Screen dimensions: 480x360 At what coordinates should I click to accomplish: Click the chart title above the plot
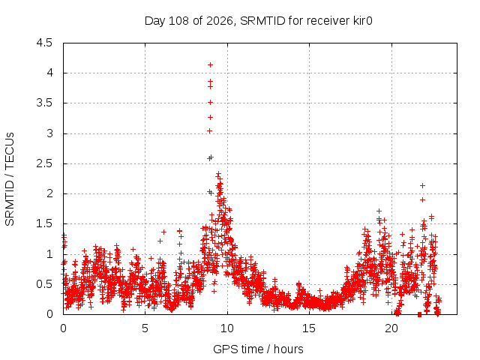[258, 21]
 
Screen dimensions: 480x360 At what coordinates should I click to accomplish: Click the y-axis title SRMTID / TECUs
[10, 179]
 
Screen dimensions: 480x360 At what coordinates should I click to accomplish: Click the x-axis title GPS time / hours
[258, 349]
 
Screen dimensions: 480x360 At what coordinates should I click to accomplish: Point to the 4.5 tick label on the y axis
[44, 43]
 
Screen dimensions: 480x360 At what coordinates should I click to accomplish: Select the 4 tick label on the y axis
[49, 73]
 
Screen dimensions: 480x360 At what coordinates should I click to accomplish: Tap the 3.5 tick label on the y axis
[44, 103]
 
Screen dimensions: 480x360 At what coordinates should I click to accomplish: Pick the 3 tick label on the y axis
[49, 133]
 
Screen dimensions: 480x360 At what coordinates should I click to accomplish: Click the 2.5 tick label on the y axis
[44, 163]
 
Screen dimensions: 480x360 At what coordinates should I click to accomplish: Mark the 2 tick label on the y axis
[49, 193]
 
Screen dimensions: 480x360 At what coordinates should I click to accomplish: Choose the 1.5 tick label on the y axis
[44, 223]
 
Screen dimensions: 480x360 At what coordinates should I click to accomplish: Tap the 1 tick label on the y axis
[49, 253]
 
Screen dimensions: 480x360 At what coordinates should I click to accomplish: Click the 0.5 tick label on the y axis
[44, 284]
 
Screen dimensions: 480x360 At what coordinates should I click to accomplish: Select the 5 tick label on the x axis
[145, 328]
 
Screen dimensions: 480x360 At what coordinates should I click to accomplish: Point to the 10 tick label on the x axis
[226, 328]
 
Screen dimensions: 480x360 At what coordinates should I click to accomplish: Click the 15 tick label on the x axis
[309, 328]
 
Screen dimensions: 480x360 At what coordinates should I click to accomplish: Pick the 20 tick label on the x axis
[391, 328]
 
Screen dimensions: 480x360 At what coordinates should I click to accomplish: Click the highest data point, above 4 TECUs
[210, 65]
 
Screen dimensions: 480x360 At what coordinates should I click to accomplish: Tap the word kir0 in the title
[363, 21]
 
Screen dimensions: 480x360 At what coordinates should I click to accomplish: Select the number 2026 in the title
[220, 21]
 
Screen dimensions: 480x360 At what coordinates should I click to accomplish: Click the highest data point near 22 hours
[423, 185]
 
